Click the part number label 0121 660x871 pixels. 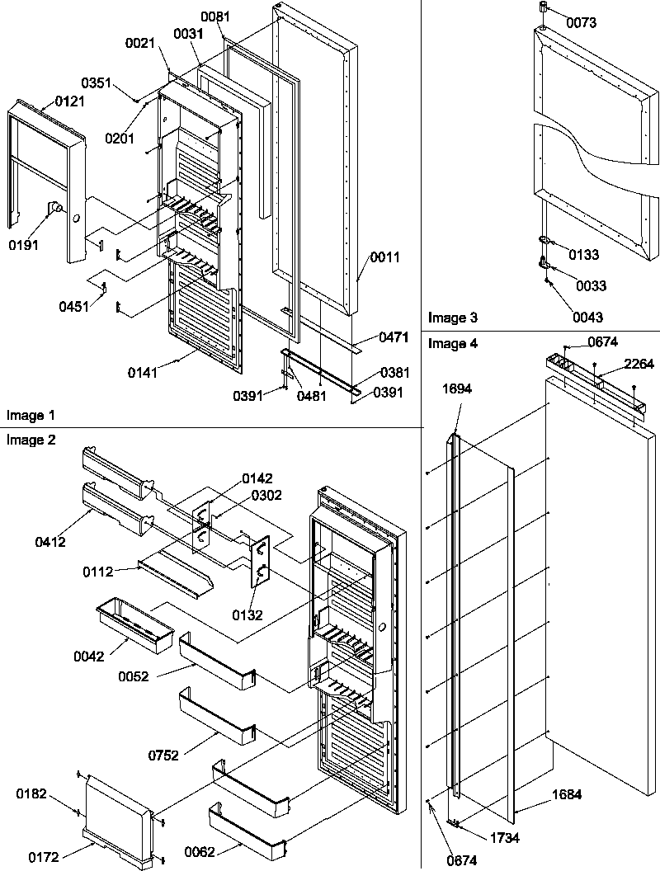tap(70, 101)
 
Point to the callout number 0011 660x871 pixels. tap(384, 257)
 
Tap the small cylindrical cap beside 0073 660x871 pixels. tap(544, 8)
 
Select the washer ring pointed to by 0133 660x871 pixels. tap(545, 241)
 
